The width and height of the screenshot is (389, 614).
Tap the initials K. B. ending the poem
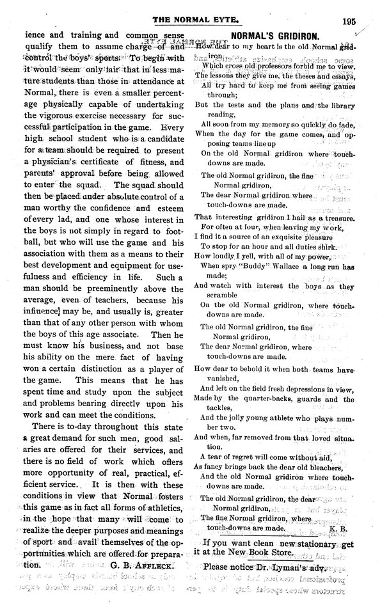[337, 529]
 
